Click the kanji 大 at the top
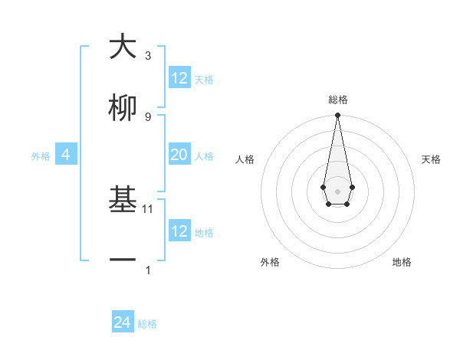[x=123, y=47]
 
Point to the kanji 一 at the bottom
[x=123, y=261]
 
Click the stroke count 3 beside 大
[x=148, y=56]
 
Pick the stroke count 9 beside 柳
[x=148, y=116]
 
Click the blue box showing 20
[x=179, y=155]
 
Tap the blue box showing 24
[x=123, y=322]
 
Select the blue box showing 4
[x=66, y=155]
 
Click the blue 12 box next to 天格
[x=179, y=78]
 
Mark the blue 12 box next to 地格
[x=179, y=231]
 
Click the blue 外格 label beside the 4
[x=41, y=156]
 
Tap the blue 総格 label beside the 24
[x=147, y=324]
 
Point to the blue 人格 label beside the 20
[x=204, y=156]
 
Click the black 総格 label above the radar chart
[x=337, y=100]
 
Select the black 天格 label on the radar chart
[x=432, y=159]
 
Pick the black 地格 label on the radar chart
[x=402, y=262]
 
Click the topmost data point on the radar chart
[x=337, y=116]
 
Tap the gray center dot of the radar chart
[x=337, y=191]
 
